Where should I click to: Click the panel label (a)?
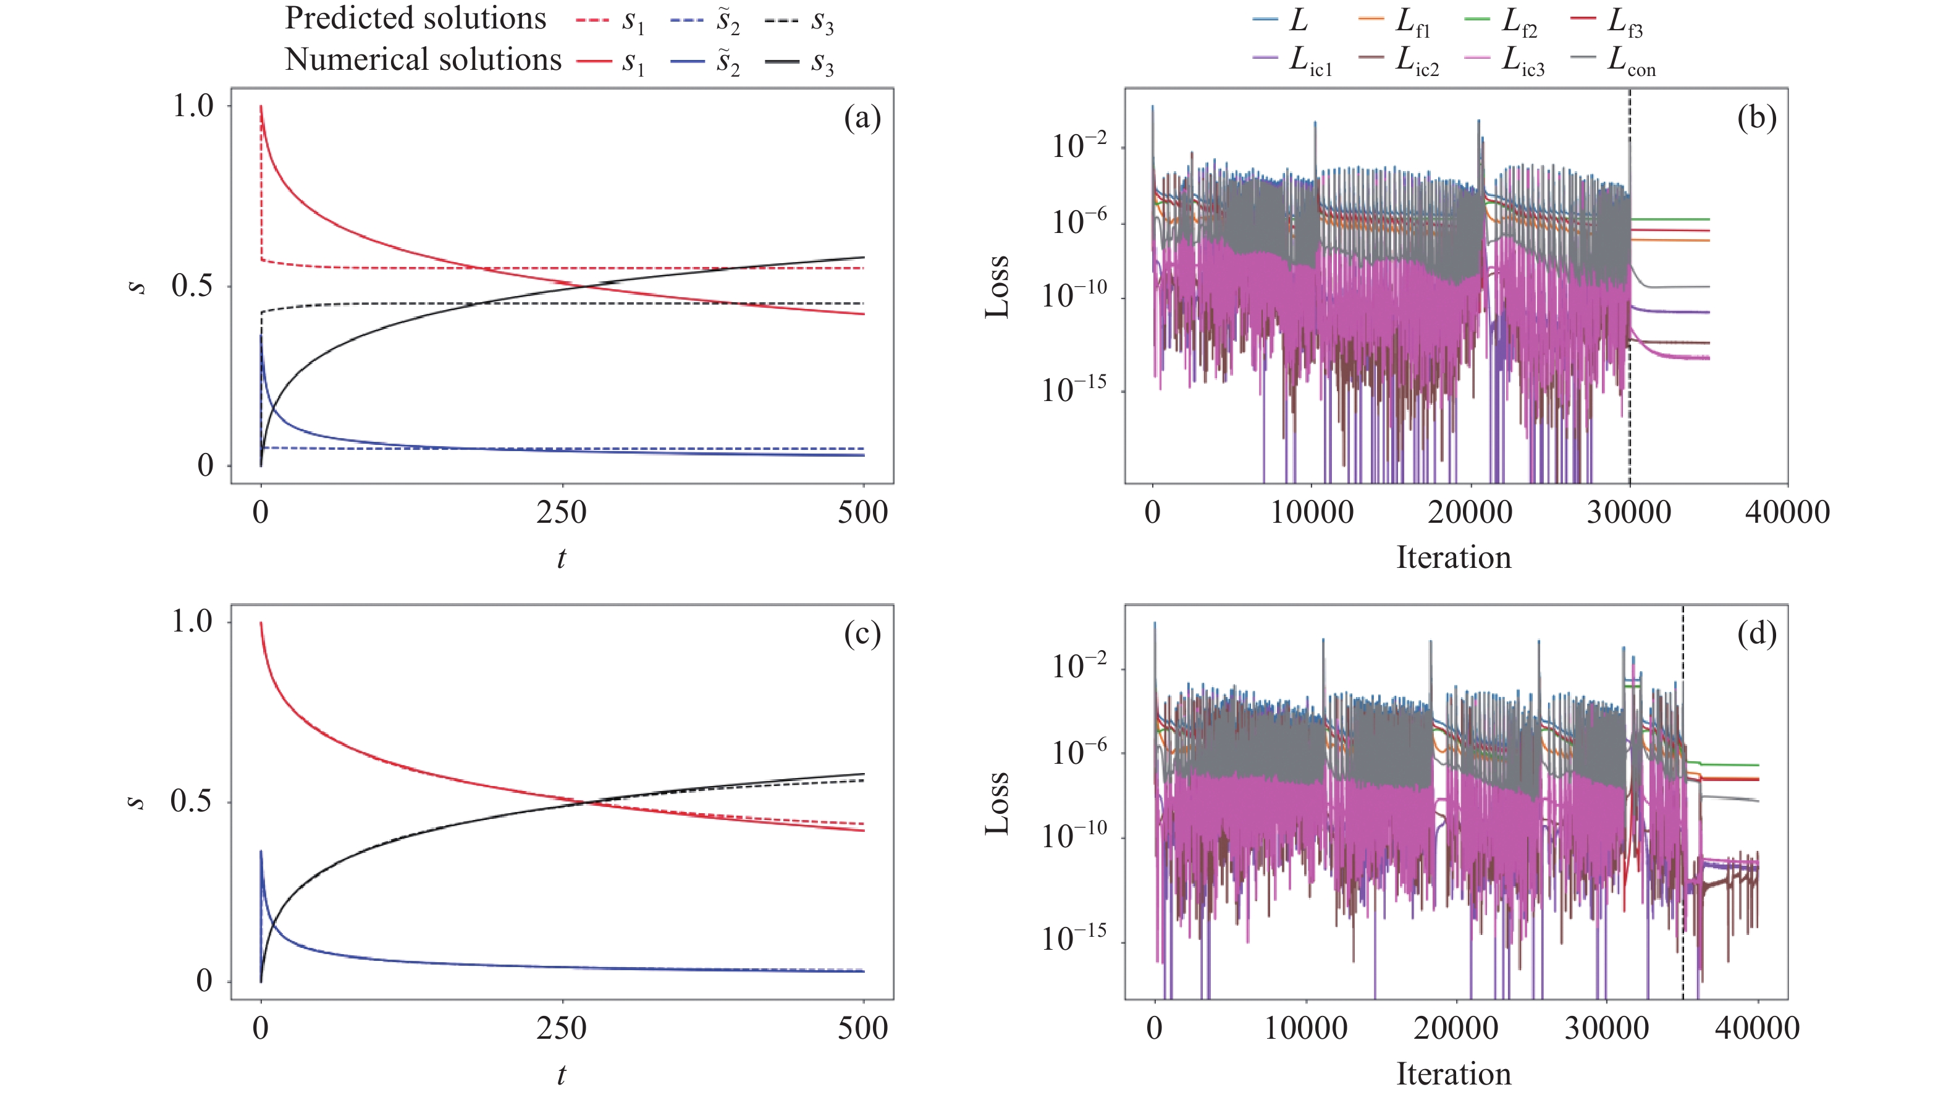click(862, 118)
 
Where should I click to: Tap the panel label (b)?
click(1756, 118)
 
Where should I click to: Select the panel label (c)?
click(862, 633)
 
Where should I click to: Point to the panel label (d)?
click(1756, 633)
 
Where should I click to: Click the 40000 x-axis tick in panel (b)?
click(1787, 512)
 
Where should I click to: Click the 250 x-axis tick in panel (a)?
click(562, 512)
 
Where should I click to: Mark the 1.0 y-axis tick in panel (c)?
click(192, 621)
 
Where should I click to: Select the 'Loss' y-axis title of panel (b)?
click(997, 287)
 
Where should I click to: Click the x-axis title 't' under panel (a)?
click(562, 558)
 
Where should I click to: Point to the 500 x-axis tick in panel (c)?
click(862, 1028)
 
